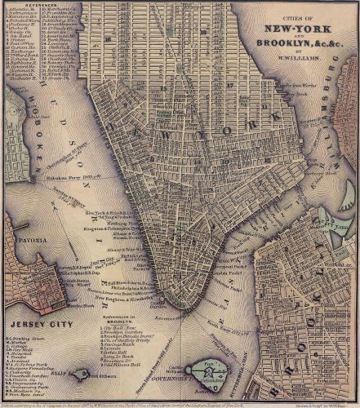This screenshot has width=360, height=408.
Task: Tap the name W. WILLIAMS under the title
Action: pyautogui.click(x=300, y=56)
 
